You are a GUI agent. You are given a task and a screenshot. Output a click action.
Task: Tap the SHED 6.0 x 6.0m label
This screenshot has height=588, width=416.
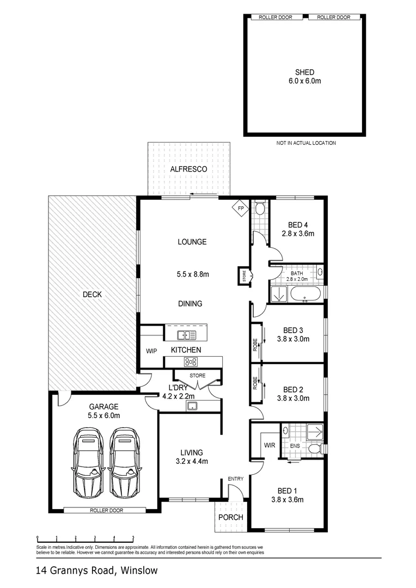pos(304,76)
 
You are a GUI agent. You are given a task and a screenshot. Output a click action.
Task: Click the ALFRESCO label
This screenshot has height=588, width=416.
pos(188,169)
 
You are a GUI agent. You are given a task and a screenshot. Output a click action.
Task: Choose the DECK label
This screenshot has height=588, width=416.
pos(92,295)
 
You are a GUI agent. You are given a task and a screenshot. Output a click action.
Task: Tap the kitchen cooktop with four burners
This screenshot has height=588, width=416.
pos(191,361)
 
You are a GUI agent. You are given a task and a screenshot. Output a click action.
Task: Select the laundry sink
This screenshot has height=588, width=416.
pos(191,406)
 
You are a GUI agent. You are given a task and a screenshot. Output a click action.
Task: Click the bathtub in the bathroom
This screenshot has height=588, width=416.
pos(305,295)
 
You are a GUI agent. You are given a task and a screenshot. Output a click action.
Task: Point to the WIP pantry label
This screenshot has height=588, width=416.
pos(151,351)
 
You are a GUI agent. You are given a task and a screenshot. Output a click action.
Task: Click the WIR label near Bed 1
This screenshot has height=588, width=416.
pos(270,445)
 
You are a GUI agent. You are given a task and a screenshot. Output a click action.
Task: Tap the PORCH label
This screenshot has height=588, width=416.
pos(230,517)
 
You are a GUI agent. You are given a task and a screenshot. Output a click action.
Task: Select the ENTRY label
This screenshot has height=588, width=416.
pos(236,479)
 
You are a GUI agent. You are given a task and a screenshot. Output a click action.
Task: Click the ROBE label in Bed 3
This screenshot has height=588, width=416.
pos(255,344)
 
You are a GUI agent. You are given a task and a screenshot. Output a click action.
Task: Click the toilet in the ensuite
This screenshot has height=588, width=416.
pos(314,449)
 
